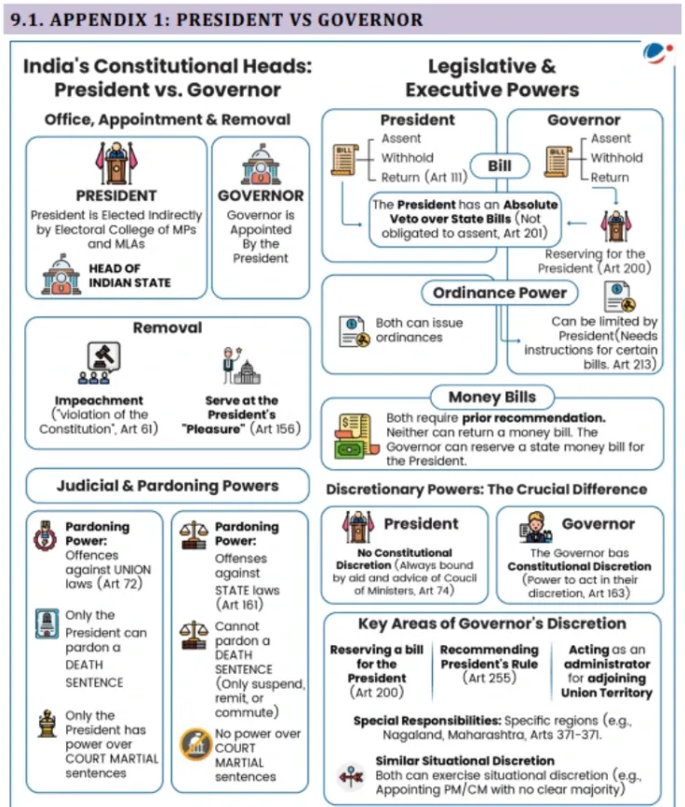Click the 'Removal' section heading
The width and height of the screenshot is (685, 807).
click(x=167, y=328)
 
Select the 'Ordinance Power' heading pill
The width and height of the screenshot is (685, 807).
click(x=499, y=292)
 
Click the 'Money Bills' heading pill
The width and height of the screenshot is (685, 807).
click(x=491, y=397)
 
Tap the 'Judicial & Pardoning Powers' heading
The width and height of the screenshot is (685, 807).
click(x=167, y=485)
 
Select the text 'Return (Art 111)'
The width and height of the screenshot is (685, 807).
click(x=420, y=178)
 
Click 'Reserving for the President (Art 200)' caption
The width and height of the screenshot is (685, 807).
click(x=595, y=261)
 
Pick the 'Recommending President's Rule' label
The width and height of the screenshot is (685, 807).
click(x=489, y=656)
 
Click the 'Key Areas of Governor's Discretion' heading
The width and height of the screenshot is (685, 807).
click(x=491, y=624)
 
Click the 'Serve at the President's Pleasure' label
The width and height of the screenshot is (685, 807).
click(x=241, y=414)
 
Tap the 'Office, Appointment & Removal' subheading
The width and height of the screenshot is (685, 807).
click(x=167, y=119)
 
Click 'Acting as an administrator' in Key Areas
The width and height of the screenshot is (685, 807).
click(x=607, y=657)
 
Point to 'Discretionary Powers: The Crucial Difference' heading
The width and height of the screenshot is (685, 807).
click(x=486, y=489)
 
